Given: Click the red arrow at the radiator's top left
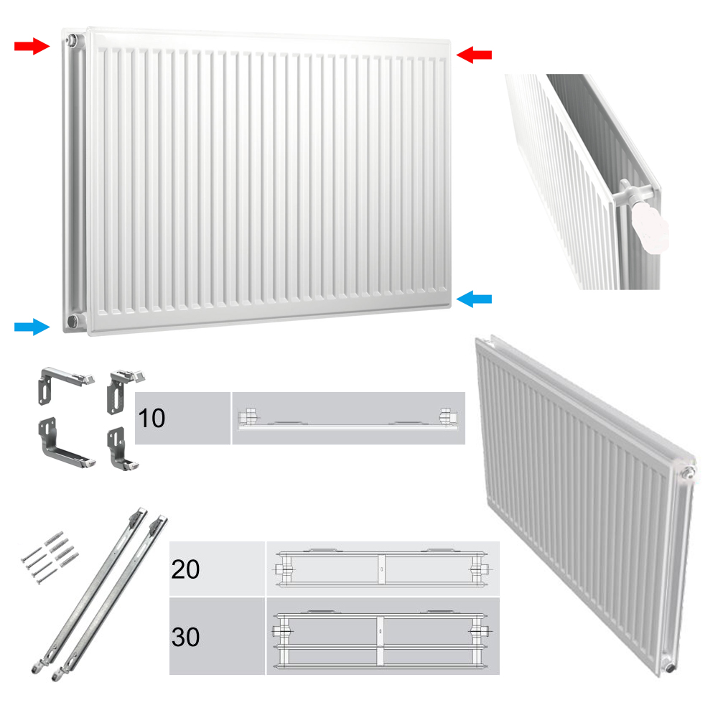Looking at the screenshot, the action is click(x=32, y=46).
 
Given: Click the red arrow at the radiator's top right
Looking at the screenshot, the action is click(x=474, y=55).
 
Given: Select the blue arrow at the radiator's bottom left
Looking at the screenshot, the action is click(x=32, y=327).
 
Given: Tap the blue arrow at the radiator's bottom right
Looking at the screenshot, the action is click(x=474, y=299).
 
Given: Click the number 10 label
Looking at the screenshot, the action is click(x=151, y=418).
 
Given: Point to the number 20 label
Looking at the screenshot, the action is click(x=185, y=569).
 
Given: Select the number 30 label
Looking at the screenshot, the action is click(x=185, y=637).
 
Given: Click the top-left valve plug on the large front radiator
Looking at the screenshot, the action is click(x=72, y=39).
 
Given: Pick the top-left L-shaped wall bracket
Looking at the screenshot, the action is click(x=65, y=383).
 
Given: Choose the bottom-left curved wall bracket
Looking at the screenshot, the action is click(x=65, y=443).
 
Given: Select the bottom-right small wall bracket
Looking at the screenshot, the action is click(x=121, y=448).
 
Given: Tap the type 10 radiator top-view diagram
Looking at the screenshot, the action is click(x=348, y=418).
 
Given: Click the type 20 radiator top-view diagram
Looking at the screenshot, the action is click(x=383, y=568).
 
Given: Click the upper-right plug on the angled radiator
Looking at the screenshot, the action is click(x=689, y=472).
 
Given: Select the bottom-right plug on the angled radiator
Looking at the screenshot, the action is click(x=670, y=666).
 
